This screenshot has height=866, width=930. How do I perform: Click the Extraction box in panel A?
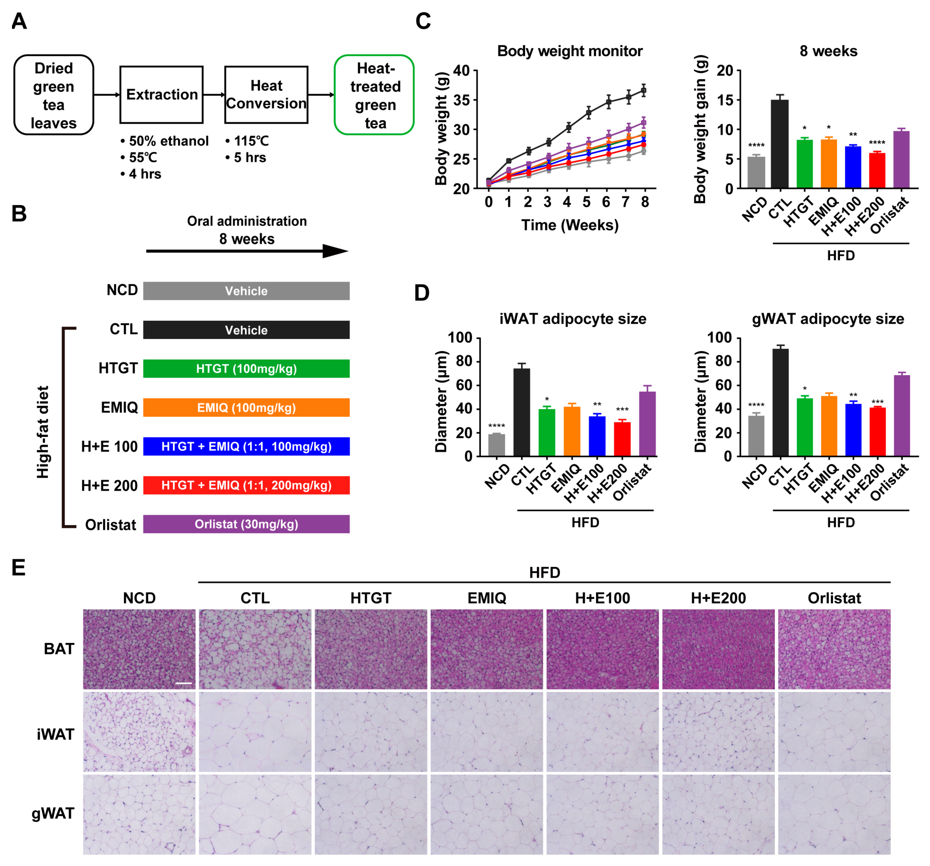click(161, 95)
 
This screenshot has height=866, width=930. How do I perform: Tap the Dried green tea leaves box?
click(54, 95)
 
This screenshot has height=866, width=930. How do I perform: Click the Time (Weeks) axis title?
click(570, 225)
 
